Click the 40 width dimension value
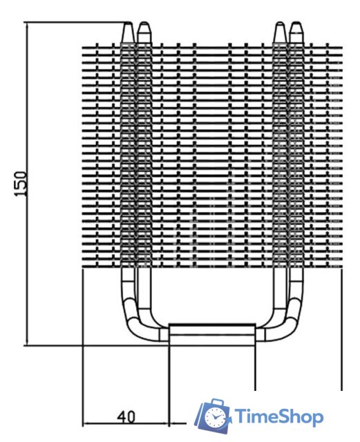point(126,416)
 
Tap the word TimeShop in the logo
point(279,417)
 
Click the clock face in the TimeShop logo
point(216,416)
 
